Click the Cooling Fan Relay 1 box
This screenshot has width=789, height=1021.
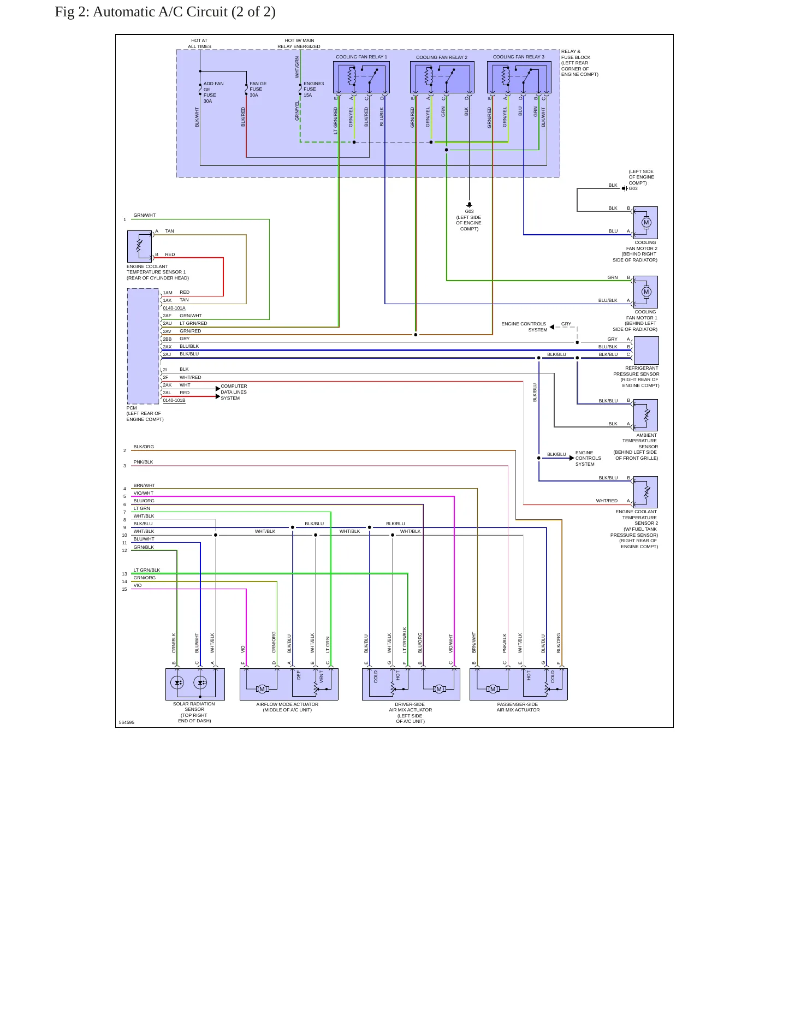pyautogui.click(x=361, y=78)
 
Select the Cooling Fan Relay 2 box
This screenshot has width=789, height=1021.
pyautogui.click(x=442, y=78)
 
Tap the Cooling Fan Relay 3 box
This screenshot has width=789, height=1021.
pyautogui.click(x=519, y=78)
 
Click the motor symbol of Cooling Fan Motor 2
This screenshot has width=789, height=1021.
pyautogui.click(x=646, y=223)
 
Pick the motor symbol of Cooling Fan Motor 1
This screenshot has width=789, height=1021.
pyautogui.click(x=646, y=292)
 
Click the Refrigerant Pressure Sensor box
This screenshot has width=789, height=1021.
pyautogui.click(x=646, y=351)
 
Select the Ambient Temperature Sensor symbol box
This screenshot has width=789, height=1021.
pyautogui.click(x=646, y=415)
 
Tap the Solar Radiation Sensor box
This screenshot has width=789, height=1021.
pyautogui.click(x=195, y=684)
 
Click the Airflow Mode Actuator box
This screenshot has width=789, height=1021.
pyautogui.click(x=289, y=684)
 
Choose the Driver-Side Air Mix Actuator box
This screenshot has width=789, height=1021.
pyautogui.click(x=411, y=684)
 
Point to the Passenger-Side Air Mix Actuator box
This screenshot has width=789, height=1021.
pyautogui.click(x=519, y=684)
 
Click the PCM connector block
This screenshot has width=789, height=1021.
pyautogui.click(x=143, y=346)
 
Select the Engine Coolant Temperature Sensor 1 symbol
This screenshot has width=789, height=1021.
pyautogui.click(x=140, y=246)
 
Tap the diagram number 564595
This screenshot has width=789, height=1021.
pyautogui.click(x=127, y=722)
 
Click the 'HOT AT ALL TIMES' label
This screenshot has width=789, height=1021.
pyautogui.click(x=199, y=43)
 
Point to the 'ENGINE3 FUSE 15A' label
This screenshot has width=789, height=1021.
pyautogui.click(x=314, y=90)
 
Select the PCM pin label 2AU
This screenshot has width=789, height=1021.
pyautogui.click(x=167, y=323)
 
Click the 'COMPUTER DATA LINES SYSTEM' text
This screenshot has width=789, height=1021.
pyautogui.click(x=234, y=392)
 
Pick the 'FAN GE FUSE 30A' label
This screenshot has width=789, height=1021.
pyautogui.click(x=258, y=90)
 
